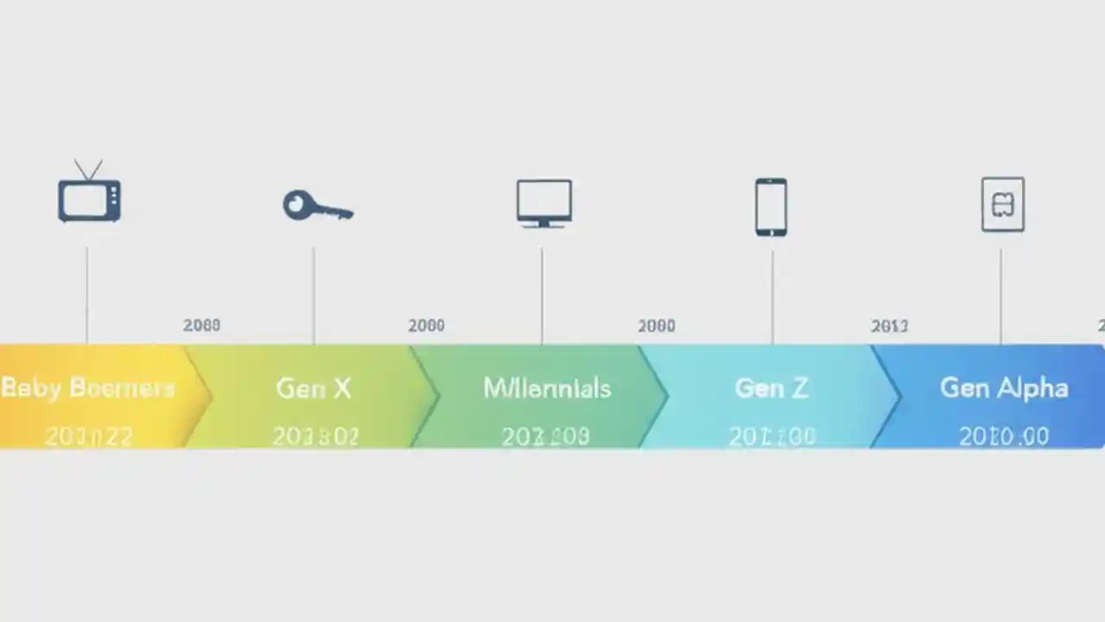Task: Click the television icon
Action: (x=89, y=200)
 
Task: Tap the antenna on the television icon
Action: (x=88, y=168)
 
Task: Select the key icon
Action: (x=317, y=206)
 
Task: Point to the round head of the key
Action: (x=296, y=205)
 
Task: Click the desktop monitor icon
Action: (x=544, y=203)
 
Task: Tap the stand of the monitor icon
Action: (x=544, y=224)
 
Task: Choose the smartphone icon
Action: (x=771, y=206)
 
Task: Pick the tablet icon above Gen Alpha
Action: (x=1002, y=205)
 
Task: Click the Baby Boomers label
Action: (x=87, y=388)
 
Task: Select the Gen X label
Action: (x=313, y=389)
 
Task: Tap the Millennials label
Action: (x=547, y=389)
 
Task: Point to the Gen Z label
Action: (x=771, y=389)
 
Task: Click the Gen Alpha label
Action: (x=1003, y=389)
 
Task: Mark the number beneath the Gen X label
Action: (x=315, y=436)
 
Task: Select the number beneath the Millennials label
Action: (x=546, y=436)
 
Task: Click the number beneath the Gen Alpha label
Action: (x=1003, y=436)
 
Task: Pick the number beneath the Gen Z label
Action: (x=772, y=436)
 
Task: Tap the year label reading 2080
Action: (x=201, y=326)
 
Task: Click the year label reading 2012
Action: (x=889, y=326)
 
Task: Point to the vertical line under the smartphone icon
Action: (x=772, y=294)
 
